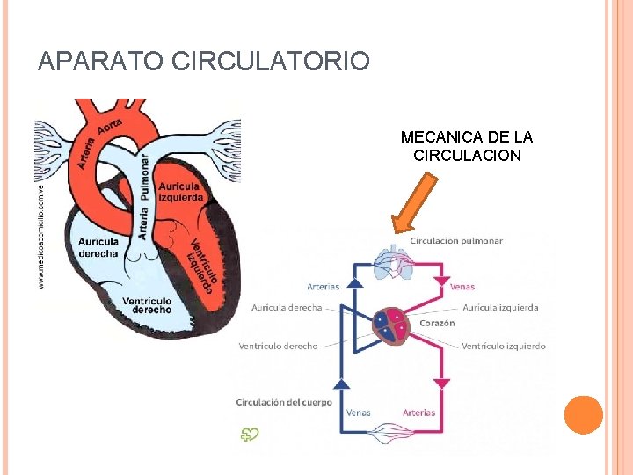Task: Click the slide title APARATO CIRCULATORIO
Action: click(x=204, y=62)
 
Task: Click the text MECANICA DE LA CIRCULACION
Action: click(x=467, y=146)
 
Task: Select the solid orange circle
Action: click(x=583, y=415)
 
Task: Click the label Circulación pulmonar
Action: click(x=456, y=241)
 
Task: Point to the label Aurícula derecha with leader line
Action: click(x=287, y=308)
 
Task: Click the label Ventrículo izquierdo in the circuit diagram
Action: click(x=503, y=346)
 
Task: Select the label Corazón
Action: click(x=437, y=323)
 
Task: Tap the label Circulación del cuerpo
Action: click(x=284, y=402)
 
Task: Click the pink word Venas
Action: click(x=462, y=286)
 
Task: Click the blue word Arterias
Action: click(x=324, y=286)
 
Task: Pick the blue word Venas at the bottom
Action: click(x=358, y=413)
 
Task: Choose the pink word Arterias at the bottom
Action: click(x=418, y=413)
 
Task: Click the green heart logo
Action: click(x=251, y=433)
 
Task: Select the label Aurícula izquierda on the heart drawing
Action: click(x=180, y=192)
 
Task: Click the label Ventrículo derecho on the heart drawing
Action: click(x=147, y=305)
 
